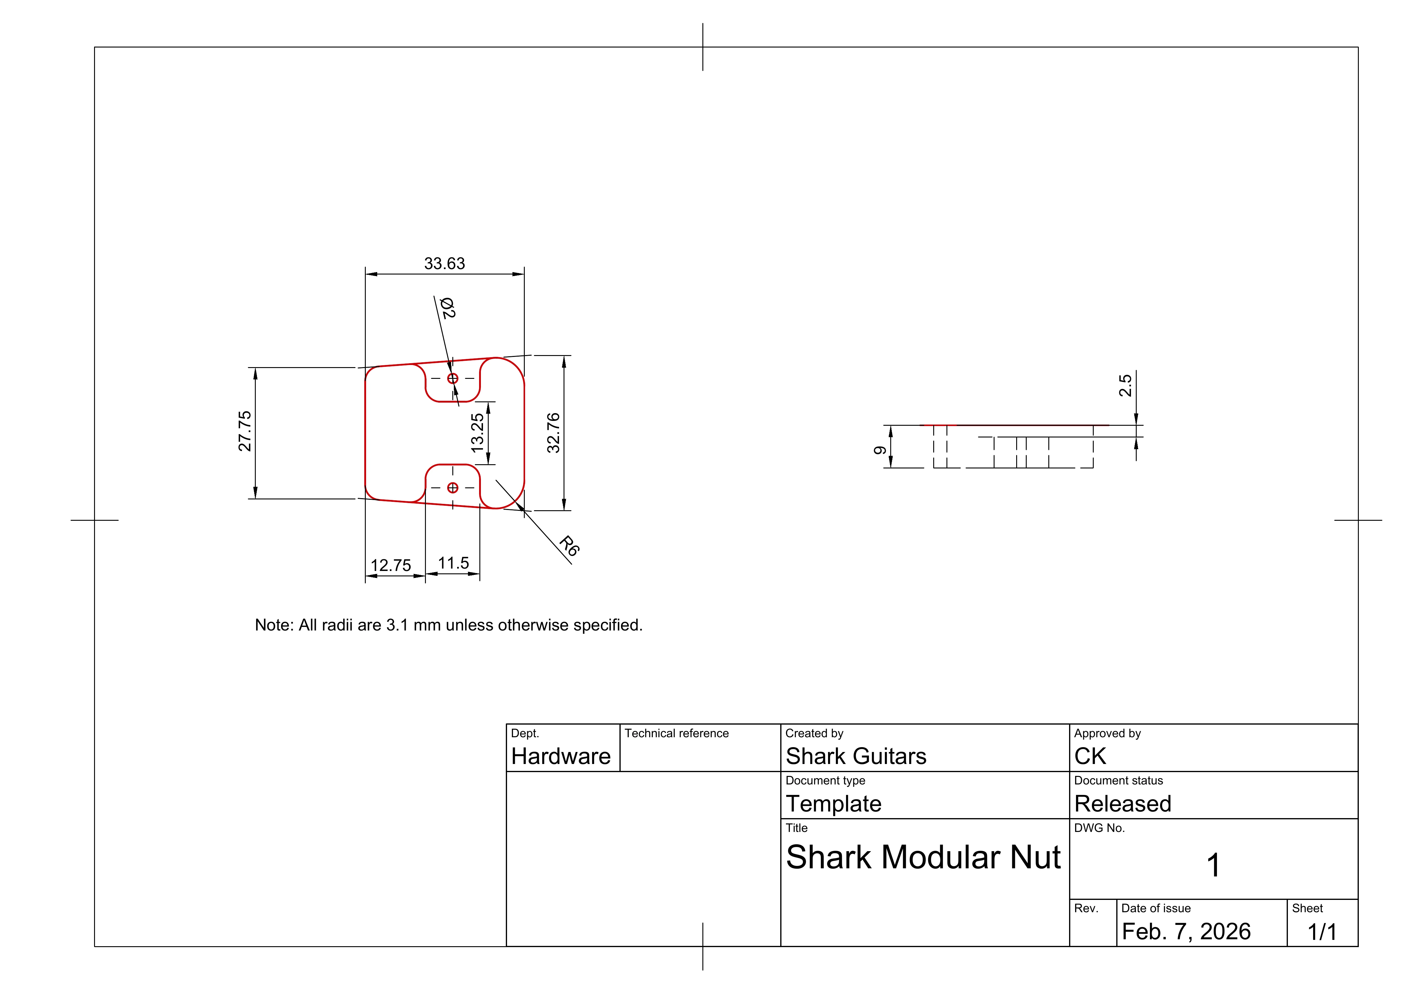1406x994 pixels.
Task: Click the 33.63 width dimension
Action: click(445, 263)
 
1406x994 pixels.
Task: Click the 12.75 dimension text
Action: click(391, 565)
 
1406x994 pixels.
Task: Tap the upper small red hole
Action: click(453, 379)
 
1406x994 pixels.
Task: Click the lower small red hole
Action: click(453, 487)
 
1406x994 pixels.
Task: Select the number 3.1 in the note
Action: click(397, 625)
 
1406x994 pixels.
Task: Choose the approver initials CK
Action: click(1090, 756)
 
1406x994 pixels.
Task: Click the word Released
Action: click(1123, 804)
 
